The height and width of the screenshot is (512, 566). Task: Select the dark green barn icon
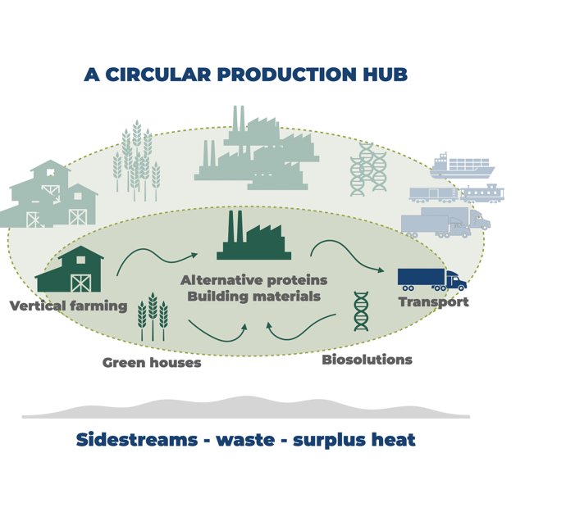click(x=71, y=270)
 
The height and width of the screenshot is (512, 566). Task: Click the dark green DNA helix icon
click(x=361, y=311)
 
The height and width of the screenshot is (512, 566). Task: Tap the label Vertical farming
click(x=68, y=306)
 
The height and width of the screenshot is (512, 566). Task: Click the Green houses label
click(x=152, y=363)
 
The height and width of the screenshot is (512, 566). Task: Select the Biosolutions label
click(x=367, y=360)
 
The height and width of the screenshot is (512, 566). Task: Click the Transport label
click(x=433, y=302)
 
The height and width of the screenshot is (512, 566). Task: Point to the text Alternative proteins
click(x=253, y=280)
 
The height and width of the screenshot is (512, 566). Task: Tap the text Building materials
click(x=253, y=296)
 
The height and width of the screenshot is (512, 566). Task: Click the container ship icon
click(x=462, y=166)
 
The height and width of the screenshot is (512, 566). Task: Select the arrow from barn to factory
click(x=156, y=261)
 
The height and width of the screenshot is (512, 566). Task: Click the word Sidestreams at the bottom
click(x=136, y=440)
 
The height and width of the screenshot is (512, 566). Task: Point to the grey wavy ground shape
click(x=246, y=408)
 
